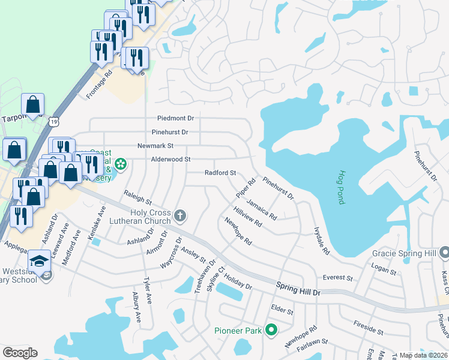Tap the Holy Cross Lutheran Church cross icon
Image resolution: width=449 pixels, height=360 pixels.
pyautogui.click(x=179, y=215)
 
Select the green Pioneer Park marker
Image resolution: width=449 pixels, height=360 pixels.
pyautogui.click(x=271, y=329)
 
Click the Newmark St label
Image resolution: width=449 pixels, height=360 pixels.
pyautogui.click(x=155, y=146)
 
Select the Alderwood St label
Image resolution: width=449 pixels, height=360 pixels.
pyautogui.click(x=170, y=159)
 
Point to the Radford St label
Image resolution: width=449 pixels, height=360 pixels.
pyautogui.click(x=220, y=173)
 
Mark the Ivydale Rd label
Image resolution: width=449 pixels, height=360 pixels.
pyautogui.click(x=322, y=241)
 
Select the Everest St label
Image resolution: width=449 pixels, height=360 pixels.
pyautogui.click(x=337, y=278)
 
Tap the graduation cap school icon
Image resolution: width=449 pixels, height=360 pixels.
pyautogui.click(x=39, y=261)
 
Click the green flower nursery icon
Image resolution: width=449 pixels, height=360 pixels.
pyautogui.click(x=120, y=164)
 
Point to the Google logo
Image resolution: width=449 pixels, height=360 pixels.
pyautogui.click(x=20, y=353)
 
